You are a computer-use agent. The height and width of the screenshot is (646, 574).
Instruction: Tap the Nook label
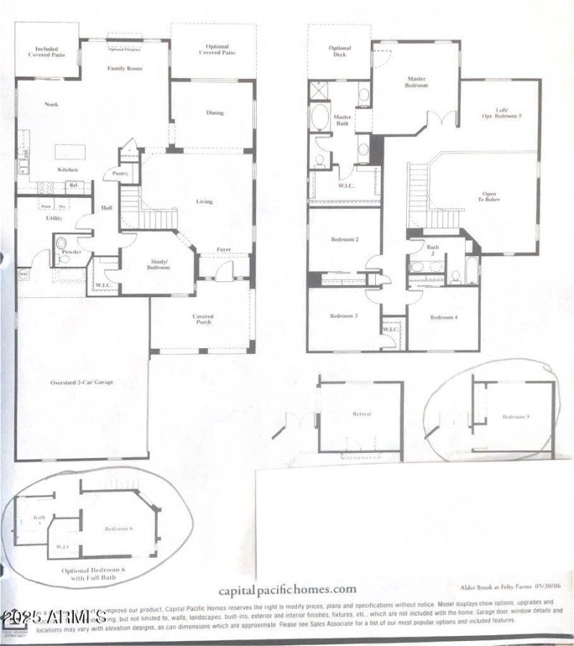pyautogui.click(x=51, y=105)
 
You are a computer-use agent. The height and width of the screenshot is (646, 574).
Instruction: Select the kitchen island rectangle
pyautogui.click(x=70, y=152)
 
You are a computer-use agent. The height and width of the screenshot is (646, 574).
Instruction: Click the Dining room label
pyautogui.click(x=215, y=113)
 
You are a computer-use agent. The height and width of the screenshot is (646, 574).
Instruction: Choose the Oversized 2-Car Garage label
pyautogui.click(x=82, y=382)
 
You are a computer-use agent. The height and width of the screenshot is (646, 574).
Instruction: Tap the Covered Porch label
pyautogui.click(x=203, y=319)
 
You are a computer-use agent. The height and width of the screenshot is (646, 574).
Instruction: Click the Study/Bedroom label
pyautogui.click(x=159, y=264)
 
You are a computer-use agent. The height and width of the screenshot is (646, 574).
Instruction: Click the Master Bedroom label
pyautogui.click(x=417, y=82)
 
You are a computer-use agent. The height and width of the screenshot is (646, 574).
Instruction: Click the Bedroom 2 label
pyautogui.click(x=344, y=239)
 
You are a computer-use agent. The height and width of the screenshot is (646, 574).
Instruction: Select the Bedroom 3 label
pyautogui.click(x=344, y=317)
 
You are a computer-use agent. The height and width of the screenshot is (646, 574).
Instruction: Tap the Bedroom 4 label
pyautogui.click(x=443, y=317)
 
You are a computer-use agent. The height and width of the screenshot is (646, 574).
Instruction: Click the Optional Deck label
pyautogui.click(x=340, y=52)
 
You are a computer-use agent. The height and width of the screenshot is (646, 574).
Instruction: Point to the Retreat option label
pyautogui.click(x=361, y=415)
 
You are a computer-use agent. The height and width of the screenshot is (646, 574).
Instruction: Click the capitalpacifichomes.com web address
pyautogui.click(x=309, y=589)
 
